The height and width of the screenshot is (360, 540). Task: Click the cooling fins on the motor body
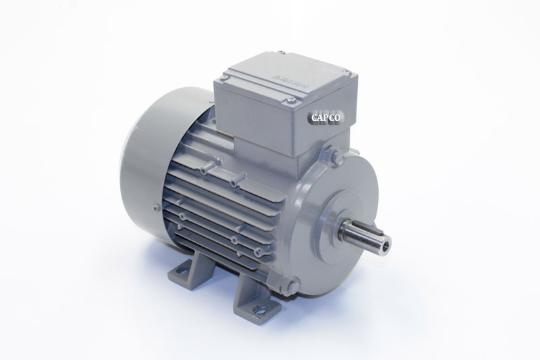tap(223, 203)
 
